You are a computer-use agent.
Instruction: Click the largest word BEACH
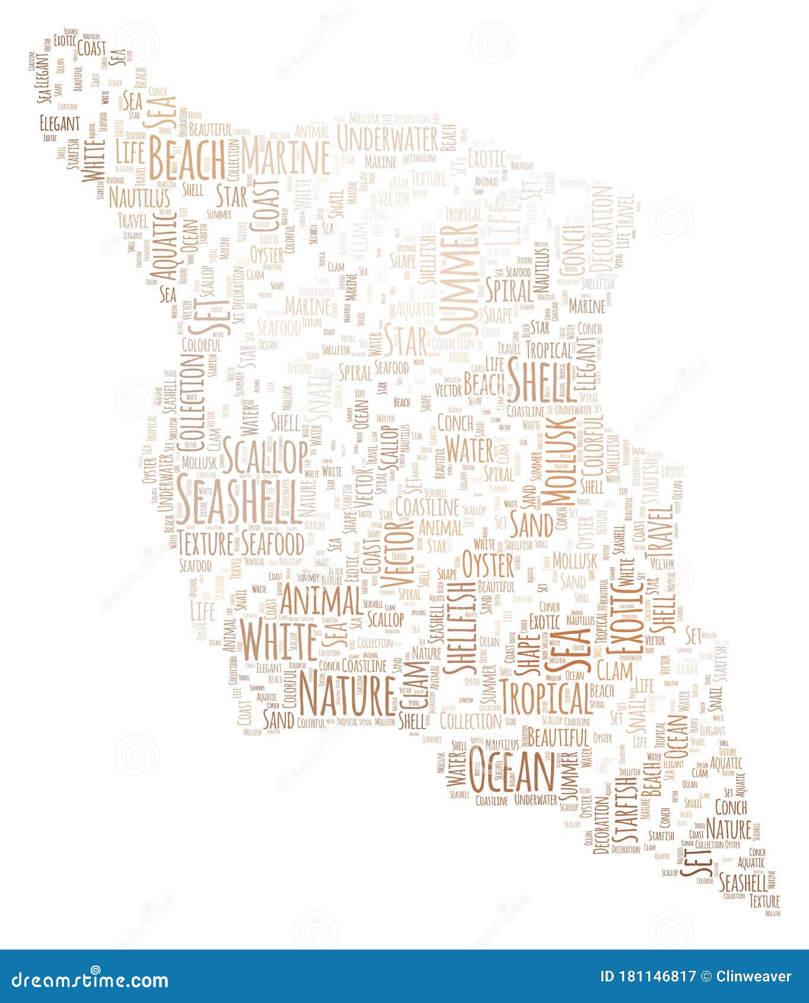[186, 157]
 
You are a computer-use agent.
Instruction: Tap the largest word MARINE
[285, 157]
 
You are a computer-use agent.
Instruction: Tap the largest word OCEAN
[512, 770]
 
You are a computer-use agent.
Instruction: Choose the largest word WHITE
[279, 640]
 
